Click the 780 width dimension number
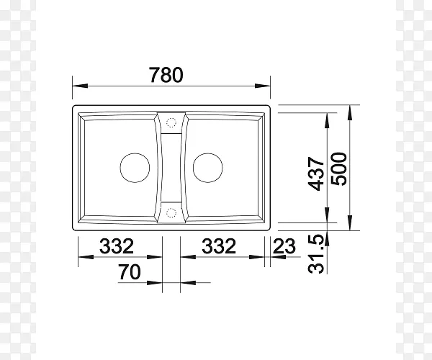pyautogui.click(x=166, y=75)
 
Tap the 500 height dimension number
pyautogui.click(x=338, y=169)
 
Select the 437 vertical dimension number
pyautogui.click(x=316, y=174)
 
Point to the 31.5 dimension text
pyautogui.click(x=316, y=254)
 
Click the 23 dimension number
pyautogui.click(x=284, y=246)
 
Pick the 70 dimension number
pyautogui.click(x=130, y=271)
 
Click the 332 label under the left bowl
pyautogui.click(x=117, y=246)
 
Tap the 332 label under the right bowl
pyautogui.click(x=219, y=246)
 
